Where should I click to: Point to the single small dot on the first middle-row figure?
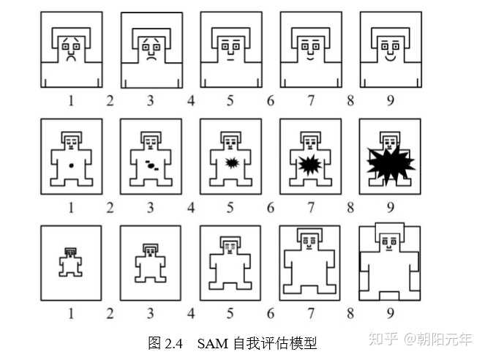click(x=72, y=166)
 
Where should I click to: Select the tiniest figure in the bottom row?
click(x=71, y=262)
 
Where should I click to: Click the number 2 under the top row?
click(x=110, y=101)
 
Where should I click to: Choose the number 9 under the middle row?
click(x=389, y=207)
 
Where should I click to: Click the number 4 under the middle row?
click(x=191, y=207)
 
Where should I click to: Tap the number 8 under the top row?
click(x=350, y=101)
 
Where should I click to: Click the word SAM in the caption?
click(x=212, y=342)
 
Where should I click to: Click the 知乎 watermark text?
click(x=383, y=339)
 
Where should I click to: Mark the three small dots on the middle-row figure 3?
click(x=151, y=165)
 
